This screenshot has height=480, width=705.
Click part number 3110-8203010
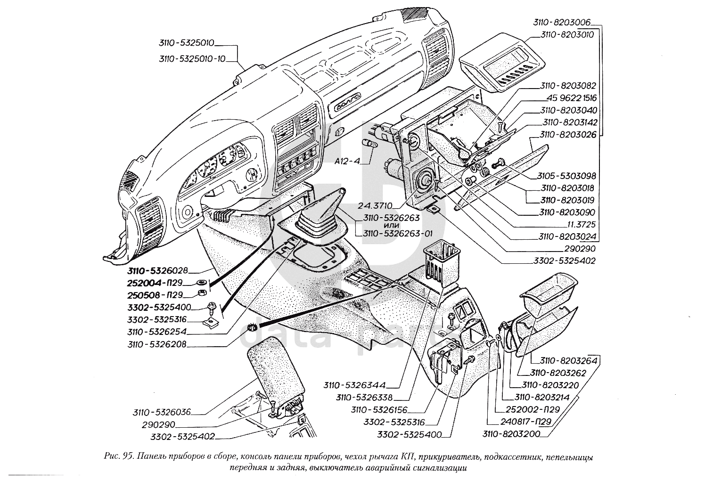pyautogui.click(x=560, y=34)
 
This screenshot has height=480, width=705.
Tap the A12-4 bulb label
pyautogui.click(x=347, y=161)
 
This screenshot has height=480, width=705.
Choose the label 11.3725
pyautogui.click(x=579, y=225)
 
